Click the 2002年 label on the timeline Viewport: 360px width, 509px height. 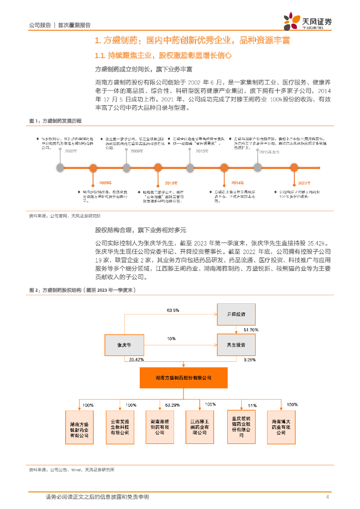pyautogui.click(x=72, y=151)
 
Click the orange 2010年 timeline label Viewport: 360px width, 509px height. pyautogui.click(x=171, y=183)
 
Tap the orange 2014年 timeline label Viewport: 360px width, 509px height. pyautogui.click(x=238, y=183)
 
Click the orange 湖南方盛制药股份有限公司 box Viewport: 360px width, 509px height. pyautogui.click(x=183, y=378)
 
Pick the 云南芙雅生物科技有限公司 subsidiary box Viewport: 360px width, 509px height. pyautogui.click(x=120, y=423)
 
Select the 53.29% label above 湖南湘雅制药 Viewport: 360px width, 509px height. pyautogui.click(x=172, y=405)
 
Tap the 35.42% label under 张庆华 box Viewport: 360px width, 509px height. pyautogui.click(x=136, y=359)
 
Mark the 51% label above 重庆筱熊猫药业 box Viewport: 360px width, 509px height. pyautogui.click(x=252, y=405)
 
